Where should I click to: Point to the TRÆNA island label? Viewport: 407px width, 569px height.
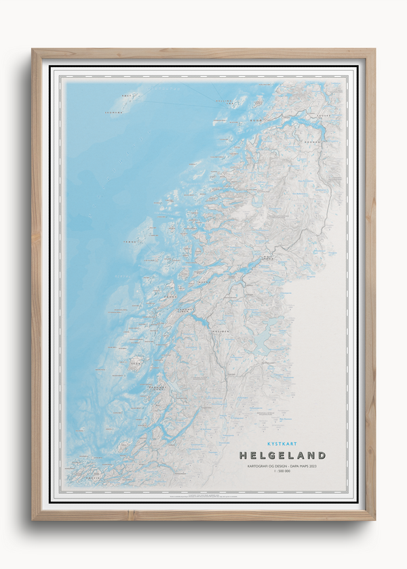point(127,239)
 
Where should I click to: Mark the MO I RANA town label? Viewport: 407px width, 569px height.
point(265,258)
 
